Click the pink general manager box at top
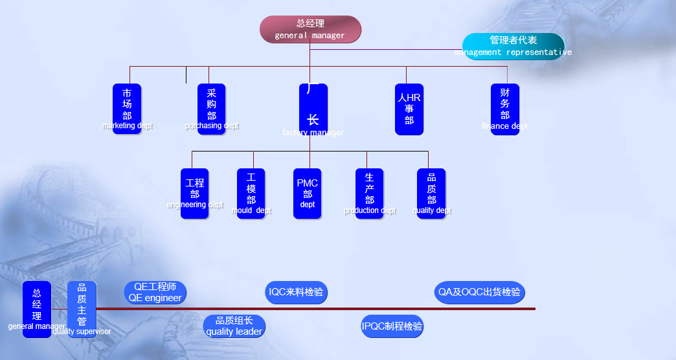click(x=310, y=29)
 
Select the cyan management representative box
click(x=513, y=46)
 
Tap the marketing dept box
click(x=127, y=109)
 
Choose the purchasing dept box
click(x=211, y=109)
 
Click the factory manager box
click(x=313, y=109)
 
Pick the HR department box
click(x=409, y=109)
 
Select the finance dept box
click(x=504, y=109)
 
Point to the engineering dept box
click(x=194, y=194)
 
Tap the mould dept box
click(x=251, y=194)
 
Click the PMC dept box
click(x=307, y=194)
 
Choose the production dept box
click(x=369, y=194)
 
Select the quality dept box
click(x=431, y=194)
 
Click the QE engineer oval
click(x=155, y=293)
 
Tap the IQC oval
click(x=296, y=292)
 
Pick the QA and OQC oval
click(x=479, y=292)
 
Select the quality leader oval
click(x=234, y=326)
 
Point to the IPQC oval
click(x=392, y=326)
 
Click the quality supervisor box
click(x=82, y=309)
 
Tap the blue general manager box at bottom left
click(x=37, y=309)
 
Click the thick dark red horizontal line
click(x=389, y=309)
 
